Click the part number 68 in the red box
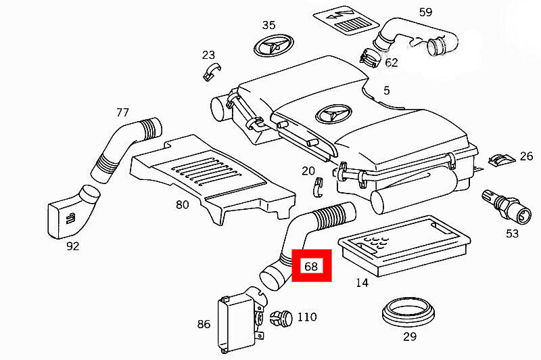(311, 266)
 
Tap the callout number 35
(268, 25)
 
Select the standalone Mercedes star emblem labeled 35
(274, 45)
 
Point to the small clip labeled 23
(211, 72)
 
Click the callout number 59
(425, 12)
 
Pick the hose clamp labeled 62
(370, 59)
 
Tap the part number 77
(122, 112)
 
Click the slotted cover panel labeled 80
(213, 178)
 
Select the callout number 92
(72, 246)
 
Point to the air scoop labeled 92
(73, 212)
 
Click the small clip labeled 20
(318, 187)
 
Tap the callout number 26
(526, 156)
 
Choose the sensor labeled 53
(506, 206)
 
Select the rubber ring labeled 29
(408, 313)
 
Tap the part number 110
(307, 317)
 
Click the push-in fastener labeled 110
(281, 318)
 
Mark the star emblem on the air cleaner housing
(334, 114)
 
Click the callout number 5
(386, 91)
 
